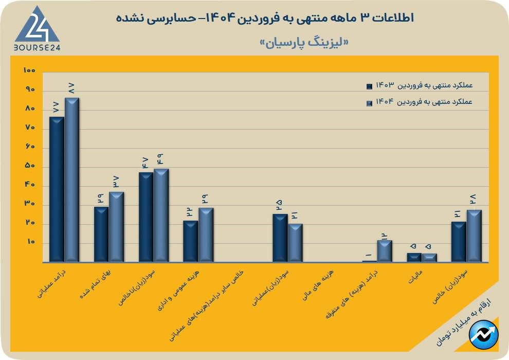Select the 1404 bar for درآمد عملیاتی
(x=71, y=179)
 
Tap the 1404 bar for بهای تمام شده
(x=116, y=227)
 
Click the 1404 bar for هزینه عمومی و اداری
(x=206, y=235)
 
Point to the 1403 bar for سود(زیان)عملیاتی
(x=280, y=238)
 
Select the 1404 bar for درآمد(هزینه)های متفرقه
(x=385, y=251)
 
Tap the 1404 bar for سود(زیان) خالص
(x=474, y=236)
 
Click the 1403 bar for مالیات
(x=414, y=257)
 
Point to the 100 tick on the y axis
(x=29, y=70)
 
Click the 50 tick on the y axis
(x=29, y=166)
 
